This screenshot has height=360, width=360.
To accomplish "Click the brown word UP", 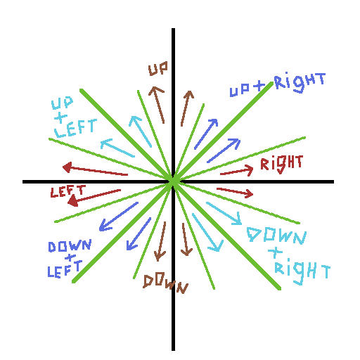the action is [158, 68].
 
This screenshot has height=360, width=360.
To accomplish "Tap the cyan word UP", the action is [63, 103].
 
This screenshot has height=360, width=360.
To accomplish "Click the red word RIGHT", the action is [282, 165].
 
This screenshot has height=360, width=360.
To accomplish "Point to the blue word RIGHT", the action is [300, 82].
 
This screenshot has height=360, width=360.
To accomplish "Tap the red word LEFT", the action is [68, 191].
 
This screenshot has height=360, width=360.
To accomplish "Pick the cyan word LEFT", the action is [75, 128].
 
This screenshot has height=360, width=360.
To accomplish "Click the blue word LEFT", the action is [65, 269].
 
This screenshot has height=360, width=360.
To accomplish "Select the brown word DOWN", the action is [165, 284].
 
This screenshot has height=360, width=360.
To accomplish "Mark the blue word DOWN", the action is [70, 246].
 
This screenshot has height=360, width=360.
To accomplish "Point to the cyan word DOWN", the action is [276, 236].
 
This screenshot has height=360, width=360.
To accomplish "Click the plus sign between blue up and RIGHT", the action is [259, 86].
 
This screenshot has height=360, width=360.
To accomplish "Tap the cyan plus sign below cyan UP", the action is [61, 117].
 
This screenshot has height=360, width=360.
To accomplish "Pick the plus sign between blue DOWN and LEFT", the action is [70, 257].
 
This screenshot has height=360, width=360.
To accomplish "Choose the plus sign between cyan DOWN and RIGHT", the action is [276, 252].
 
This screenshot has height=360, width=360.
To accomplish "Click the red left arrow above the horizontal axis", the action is [95, 169].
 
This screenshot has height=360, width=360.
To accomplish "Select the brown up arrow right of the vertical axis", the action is [187, 108].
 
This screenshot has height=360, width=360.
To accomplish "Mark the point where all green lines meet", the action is [174, 181].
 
